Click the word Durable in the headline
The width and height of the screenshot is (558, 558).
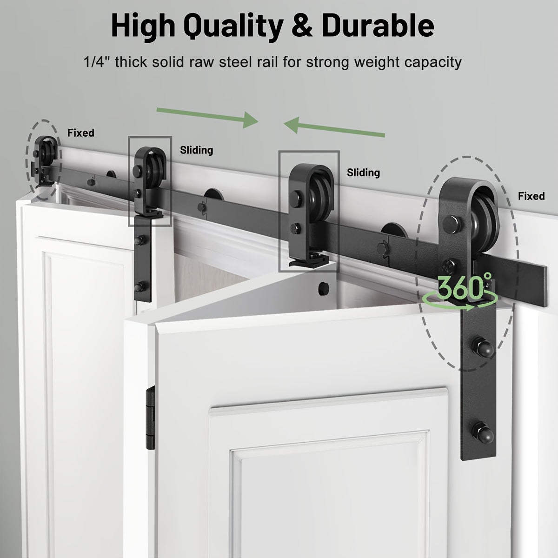378,26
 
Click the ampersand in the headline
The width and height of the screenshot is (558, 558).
302,26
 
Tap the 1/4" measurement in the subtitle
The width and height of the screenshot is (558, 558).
97,62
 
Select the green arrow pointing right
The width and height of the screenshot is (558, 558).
207,118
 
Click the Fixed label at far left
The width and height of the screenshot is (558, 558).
81,133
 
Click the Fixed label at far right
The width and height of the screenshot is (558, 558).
531,196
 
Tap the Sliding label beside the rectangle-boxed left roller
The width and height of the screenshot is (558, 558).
196,150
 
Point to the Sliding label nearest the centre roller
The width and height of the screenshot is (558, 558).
364,173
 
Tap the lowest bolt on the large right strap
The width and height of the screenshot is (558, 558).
482,431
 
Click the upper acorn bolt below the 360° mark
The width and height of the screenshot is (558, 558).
482,346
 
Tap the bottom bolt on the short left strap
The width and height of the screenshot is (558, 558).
139,287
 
